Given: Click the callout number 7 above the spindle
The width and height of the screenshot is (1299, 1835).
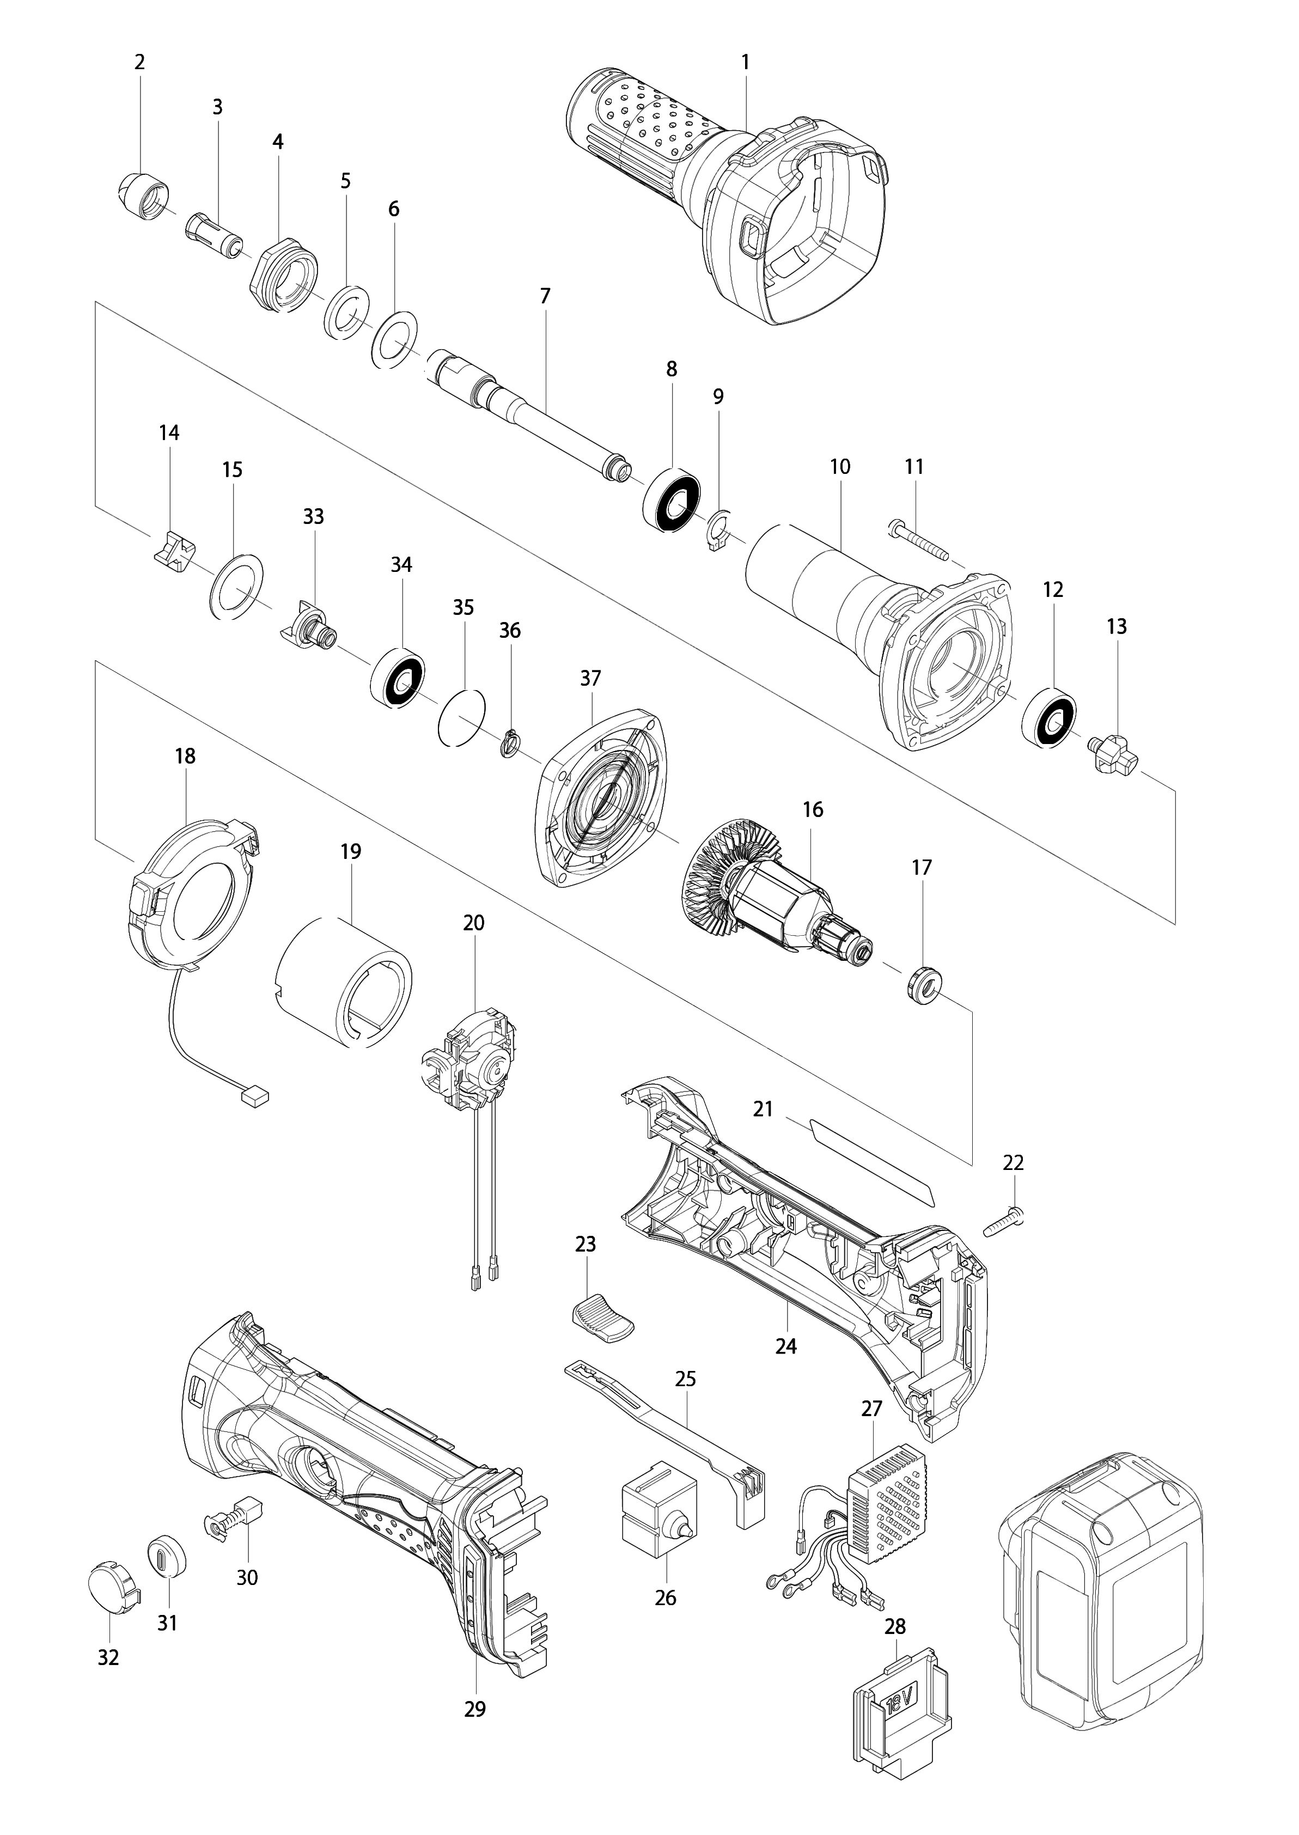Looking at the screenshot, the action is (x=545, y=296).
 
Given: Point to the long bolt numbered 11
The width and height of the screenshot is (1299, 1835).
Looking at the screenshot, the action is (x=917, y=539).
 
